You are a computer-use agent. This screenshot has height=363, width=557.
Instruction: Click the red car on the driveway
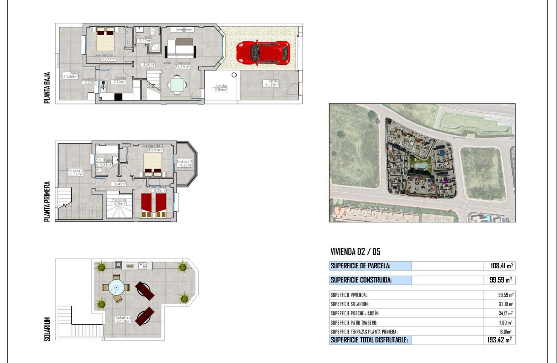coord(263,53)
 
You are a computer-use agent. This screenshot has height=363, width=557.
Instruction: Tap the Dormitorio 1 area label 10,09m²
coord(105,59)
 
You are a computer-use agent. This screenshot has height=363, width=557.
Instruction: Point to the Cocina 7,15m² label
coord(119,80)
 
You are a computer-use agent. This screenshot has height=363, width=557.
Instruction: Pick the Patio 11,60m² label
coord(71,75)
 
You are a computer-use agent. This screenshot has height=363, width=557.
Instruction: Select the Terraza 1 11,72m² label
coord(75,172)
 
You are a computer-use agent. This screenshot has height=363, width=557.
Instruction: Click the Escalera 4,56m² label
coord(119,202)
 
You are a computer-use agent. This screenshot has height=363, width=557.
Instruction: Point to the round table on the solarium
coord(116,288)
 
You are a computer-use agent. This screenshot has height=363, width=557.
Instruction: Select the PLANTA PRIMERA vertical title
coord(47,202)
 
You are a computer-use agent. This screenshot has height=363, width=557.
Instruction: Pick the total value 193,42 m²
coord(500,340)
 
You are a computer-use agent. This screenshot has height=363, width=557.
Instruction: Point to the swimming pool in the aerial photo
coord(420,166)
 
